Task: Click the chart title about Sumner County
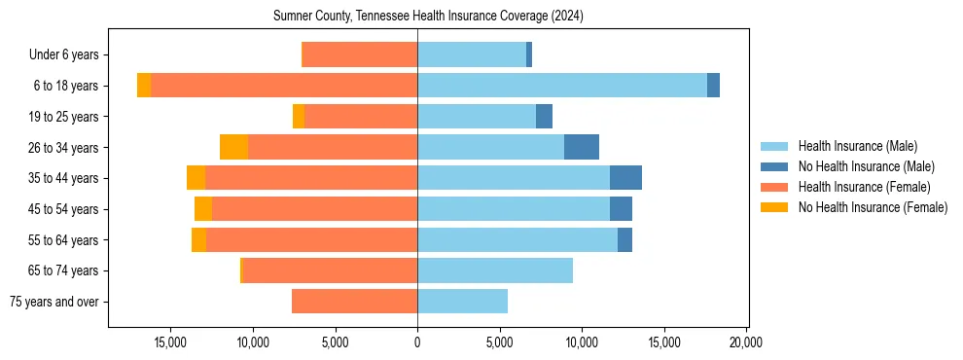[x=428, y=16]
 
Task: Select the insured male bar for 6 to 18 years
[x=562, y=86]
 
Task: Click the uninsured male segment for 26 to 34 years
[x=582, y=147]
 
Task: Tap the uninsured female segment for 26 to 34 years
[x=233, y=147]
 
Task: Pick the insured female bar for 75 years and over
[x=354, y=302]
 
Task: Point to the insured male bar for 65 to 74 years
[x=495, y=270]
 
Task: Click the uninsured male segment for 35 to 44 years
[x=625, y=178]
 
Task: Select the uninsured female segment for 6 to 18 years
[x=144, y=86]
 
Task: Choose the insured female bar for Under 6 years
[x=360, y=54]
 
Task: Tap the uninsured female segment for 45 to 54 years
[x=203, y=209]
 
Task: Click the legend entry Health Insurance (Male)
[x=857, y=146]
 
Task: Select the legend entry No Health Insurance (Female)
[x=873, y=207]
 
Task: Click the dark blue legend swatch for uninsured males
[x=774, y=166]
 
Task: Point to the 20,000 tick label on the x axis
[x=746, y=342]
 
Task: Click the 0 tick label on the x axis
[x=417, y=342]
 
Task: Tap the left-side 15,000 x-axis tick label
[x=170, y=342]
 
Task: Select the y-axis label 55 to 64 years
[x=63, y=240]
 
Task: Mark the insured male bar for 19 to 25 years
[x=477, y=117]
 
